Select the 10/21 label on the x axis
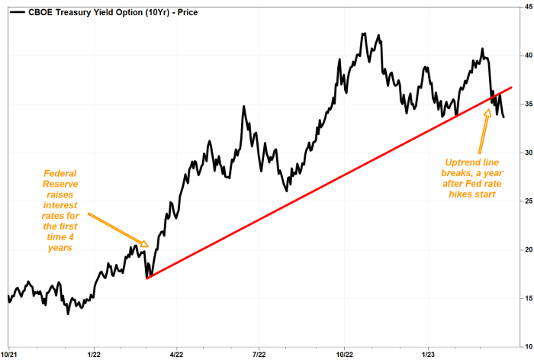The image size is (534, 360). [9, 354]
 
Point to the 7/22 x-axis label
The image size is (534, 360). [259, 354]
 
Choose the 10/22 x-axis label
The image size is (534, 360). [344, 354]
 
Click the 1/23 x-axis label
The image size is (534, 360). [427, 354]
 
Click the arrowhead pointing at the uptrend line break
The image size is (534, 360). [488, 114]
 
